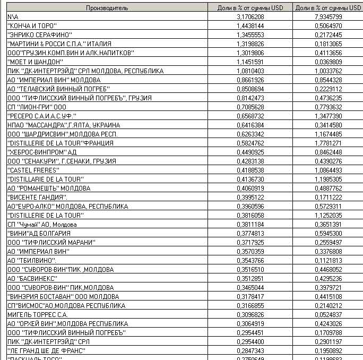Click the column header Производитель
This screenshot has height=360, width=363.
(107, 8)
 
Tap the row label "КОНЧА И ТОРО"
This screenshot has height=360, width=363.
(32, 26)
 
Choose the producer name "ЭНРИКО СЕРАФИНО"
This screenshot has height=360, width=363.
(39, 35)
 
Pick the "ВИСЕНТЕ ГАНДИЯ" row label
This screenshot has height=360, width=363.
(37, 197)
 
